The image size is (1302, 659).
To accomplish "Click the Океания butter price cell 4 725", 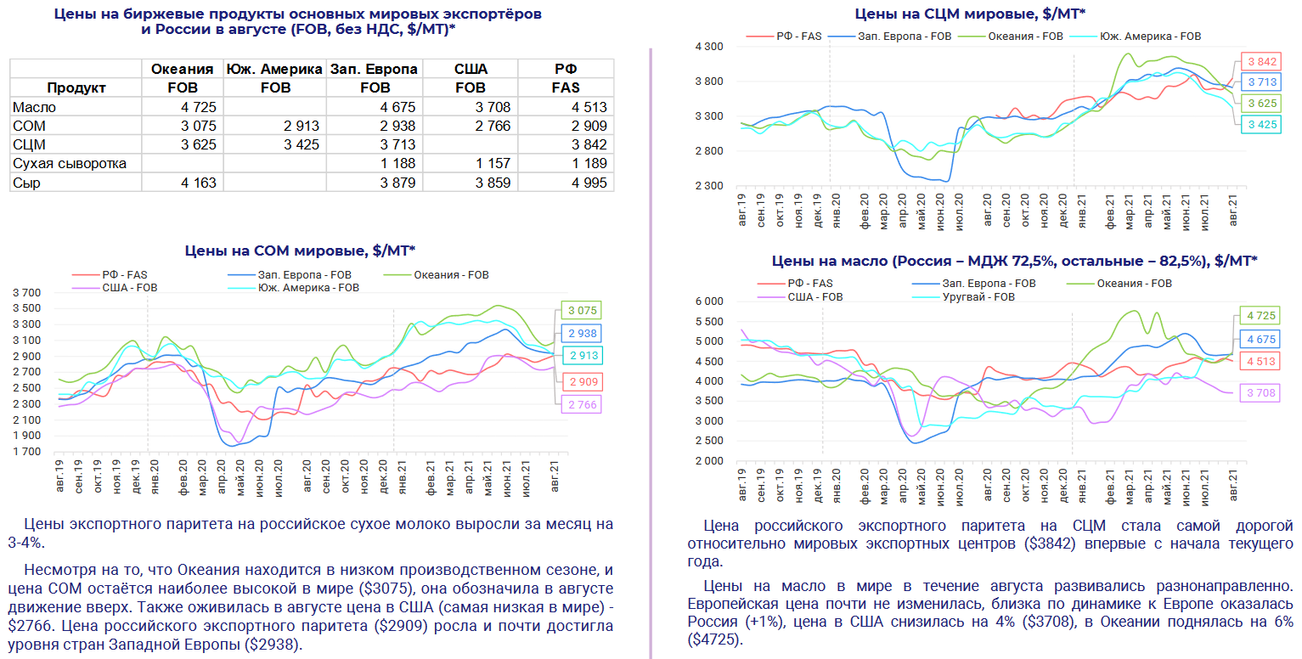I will [x=200, y=107].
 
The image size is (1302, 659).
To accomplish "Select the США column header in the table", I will [x=471, y=69].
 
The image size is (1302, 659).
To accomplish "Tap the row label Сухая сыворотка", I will [x=70, y=163].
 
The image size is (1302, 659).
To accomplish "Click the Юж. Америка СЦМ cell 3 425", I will [x=302, y=144].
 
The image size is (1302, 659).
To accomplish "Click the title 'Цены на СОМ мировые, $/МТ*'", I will [x=300, y=251].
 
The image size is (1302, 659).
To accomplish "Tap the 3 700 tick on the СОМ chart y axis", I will [x=26, y=292].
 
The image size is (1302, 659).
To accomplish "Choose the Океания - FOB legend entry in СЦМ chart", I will [x=1023, y=37].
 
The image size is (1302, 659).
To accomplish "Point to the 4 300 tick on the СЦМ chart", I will [x=707, y=47].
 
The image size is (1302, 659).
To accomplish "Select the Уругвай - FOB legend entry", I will [x=979, y=297].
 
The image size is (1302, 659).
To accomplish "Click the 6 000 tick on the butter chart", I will [x=707, y=301].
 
